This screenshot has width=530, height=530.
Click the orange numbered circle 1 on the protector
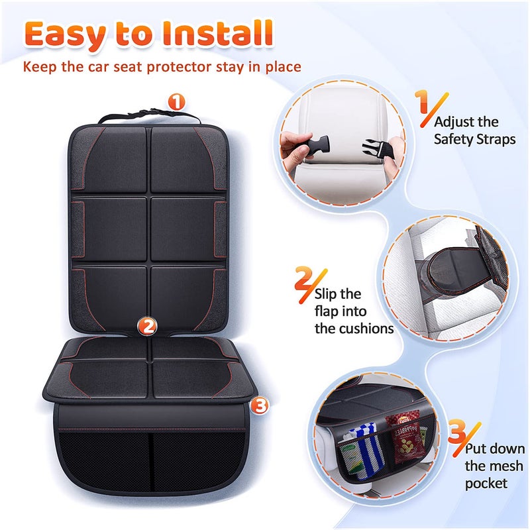coord(176,101)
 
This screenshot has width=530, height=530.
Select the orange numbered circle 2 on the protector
coord(147,325)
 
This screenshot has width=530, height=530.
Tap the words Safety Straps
coord(474,139)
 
